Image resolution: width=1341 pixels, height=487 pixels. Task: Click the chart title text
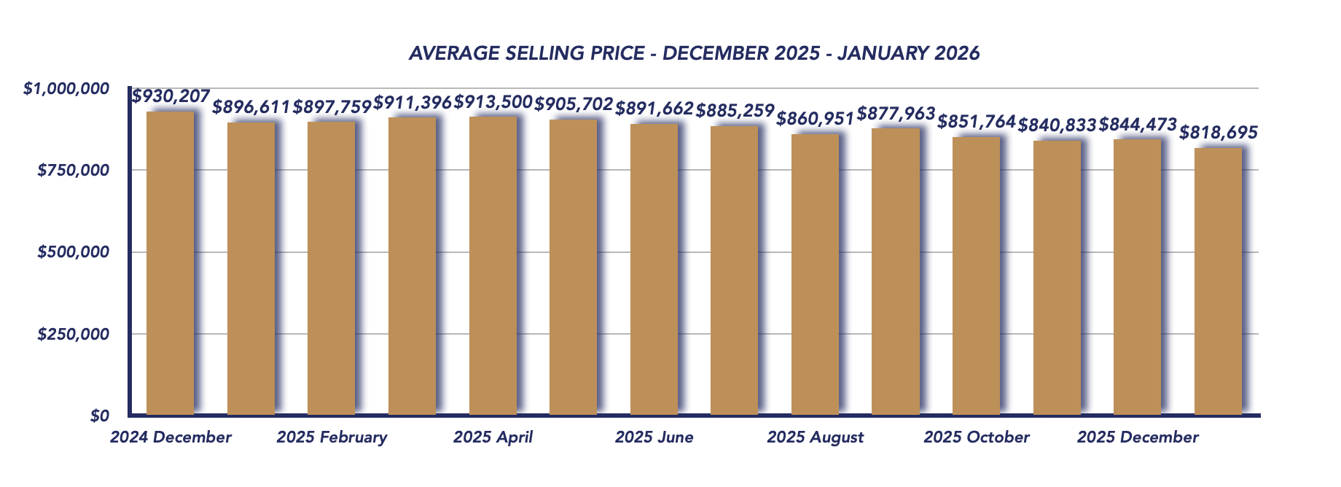694,53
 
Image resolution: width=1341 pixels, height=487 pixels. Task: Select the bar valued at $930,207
171,262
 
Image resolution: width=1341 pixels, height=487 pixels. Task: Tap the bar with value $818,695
1218,281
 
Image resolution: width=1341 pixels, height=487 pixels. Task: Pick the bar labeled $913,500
493,265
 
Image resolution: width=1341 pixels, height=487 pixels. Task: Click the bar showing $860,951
815,274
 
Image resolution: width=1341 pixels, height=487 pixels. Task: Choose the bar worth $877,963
896,271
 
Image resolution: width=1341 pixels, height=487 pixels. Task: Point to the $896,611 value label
251,108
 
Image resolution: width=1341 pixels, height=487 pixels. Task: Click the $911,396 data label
413,103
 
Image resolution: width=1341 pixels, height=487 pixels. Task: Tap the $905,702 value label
574,105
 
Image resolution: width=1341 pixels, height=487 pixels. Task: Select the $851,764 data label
976,122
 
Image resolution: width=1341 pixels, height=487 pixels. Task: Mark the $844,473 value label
1138,125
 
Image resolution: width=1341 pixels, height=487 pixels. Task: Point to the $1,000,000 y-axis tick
66,89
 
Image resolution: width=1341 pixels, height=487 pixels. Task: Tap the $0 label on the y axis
100,416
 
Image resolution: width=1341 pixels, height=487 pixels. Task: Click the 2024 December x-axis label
171,437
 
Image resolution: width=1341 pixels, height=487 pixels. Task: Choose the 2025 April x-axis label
493,437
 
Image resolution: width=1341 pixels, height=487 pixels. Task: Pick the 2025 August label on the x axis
815,437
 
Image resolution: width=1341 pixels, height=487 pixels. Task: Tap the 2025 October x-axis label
976,437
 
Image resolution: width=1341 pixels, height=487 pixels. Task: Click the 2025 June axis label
654,437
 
